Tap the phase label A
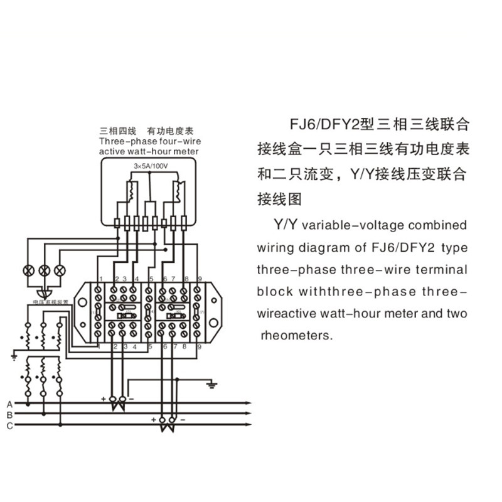(x=9, y=403)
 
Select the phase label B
(x=9, y=414)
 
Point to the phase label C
(x=9, y=425)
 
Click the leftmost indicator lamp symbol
(x=28, y=270)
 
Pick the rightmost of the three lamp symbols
(x=60, y=270)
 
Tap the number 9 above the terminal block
(x=200, y=279)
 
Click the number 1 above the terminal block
(x=101, y=279)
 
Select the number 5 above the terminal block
(x=151, y=279)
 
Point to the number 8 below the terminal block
(x=186, y=346)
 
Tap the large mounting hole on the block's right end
(x=215, y=312)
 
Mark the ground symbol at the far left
(x=14, y=356)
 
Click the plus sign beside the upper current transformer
(x=104, y=398)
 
